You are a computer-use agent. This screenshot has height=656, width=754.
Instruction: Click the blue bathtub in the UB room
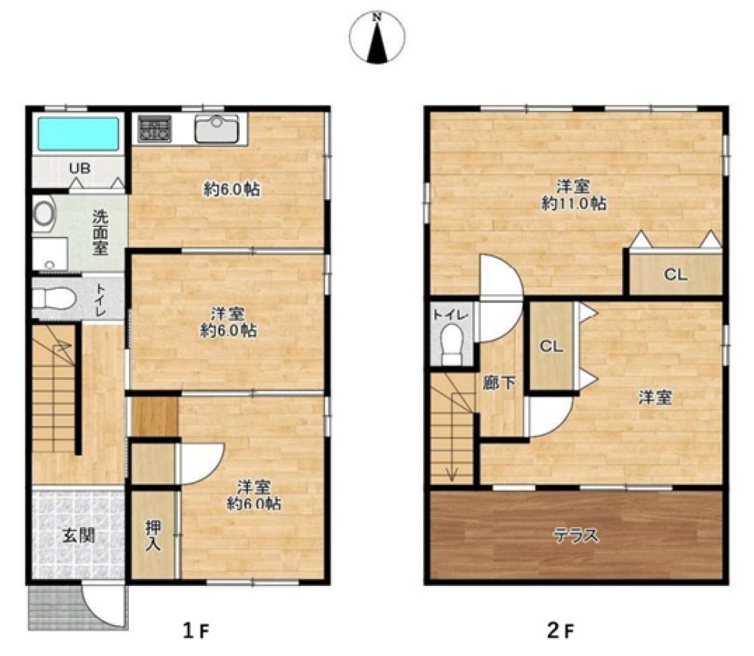(78, 133)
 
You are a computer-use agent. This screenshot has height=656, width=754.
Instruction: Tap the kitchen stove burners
(154, 129)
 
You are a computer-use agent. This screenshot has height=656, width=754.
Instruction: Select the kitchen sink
(217, 128)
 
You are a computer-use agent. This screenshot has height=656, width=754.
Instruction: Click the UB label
(79, 168)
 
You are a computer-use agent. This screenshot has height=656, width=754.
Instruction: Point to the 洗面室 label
(100, 232)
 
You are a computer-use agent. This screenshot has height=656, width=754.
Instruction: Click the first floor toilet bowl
(54, 299)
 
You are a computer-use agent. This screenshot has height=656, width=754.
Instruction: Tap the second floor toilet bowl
(452, 343)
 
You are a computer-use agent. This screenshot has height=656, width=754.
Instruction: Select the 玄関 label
(78, 535)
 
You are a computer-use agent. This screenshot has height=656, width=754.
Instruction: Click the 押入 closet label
(153, 536)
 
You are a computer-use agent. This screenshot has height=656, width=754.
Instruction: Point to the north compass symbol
(377, 37)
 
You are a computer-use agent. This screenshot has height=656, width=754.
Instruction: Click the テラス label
(576, 535)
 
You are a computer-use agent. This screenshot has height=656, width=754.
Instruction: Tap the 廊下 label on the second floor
(499, 383)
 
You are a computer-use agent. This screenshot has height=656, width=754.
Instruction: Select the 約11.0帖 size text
(574, 204)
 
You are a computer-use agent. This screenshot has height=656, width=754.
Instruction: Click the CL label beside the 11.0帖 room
(676, 275)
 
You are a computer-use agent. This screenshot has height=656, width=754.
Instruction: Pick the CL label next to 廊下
(551, 346)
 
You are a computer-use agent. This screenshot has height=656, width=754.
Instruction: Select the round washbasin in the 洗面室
(44, 213)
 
